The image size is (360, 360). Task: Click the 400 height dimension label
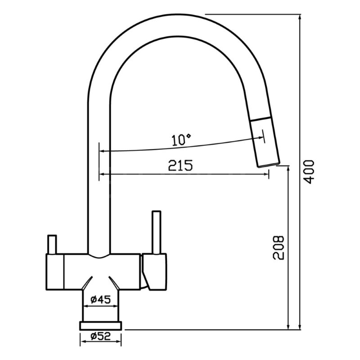click(x=308, y=172)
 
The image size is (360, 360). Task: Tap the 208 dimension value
click(x=278, y=247)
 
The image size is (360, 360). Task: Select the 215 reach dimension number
click(x=180, y=165)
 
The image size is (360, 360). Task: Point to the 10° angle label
click(x=181, y=139)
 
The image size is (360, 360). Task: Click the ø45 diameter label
click(x=100, y=299)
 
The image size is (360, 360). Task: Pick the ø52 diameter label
click(x=100, y=336)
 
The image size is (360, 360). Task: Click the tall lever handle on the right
click(x=157, y=232)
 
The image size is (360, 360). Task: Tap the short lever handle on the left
click(x=52, y=244)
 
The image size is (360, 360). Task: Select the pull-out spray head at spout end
click(x=265, y=142)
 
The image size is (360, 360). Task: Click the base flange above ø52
click(x=100, y=325)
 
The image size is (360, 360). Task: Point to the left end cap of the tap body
click(x=55, y=272)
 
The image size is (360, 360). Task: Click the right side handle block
click(x=154, y=272)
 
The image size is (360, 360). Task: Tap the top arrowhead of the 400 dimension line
click(x=299, y=17)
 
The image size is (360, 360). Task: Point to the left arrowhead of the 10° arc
click(x=103, y=151)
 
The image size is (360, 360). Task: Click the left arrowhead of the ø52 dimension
click(x=83, y=342)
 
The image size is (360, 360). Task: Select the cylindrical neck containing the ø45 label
click(x=100, y=306)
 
